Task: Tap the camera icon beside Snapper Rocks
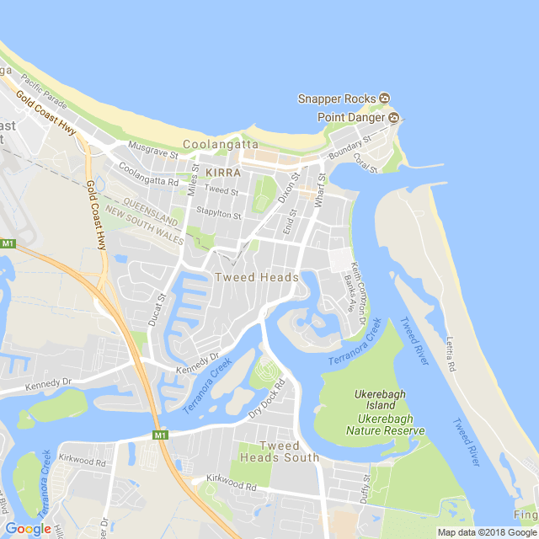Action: pos(385,99)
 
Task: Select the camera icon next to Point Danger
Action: pos(392,117)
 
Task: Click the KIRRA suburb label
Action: pos(223,172)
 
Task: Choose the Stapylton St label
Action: pos(218,215)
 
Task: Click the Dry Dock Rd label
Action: pos(268,400)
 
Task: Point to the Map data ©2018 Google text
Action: pos(486,532)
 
